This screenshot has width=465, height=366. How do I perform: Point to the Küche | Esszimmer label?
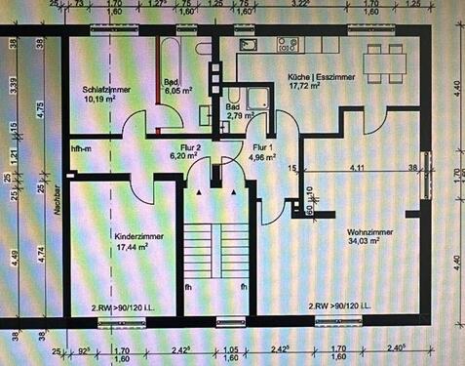tap(321, 76)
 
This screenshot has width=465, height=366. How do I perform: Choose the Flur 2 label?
tap(184, 145)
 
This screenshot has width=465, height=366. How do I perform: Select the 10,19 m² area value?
tap(100, 99)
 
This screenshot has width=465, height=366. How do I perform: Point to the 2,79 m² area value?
tap(239, 115)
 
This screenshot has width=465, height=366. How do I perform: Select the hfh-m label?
tap(81, 148)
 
